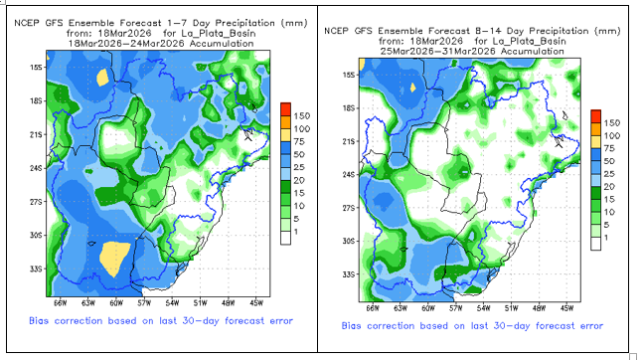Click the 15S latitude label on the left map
(x=36, y=68)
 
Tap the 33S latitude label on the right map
(x=349, y=274)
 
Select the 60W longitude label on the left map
(x=116, y=303)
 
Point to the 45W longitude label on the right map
(x=567, y=308)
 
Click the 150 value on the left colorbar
(x=302, y=116)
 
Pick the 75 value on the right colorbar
(x=609, y=148)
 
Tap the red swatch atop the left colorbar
(x=286, y=109)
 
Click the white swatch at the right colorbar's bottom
(x=595, y=244)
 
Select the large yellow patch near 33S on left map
(x=115, y=259)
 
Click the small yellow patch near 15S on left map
(x=102, y=78)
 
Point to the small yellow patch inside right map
(x=413, y=88)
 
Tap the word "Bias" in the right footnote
(x=352, y=326)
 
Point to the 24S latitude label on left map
(x=36, y=169)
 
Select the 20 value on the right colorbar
(x=609, y=187)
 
